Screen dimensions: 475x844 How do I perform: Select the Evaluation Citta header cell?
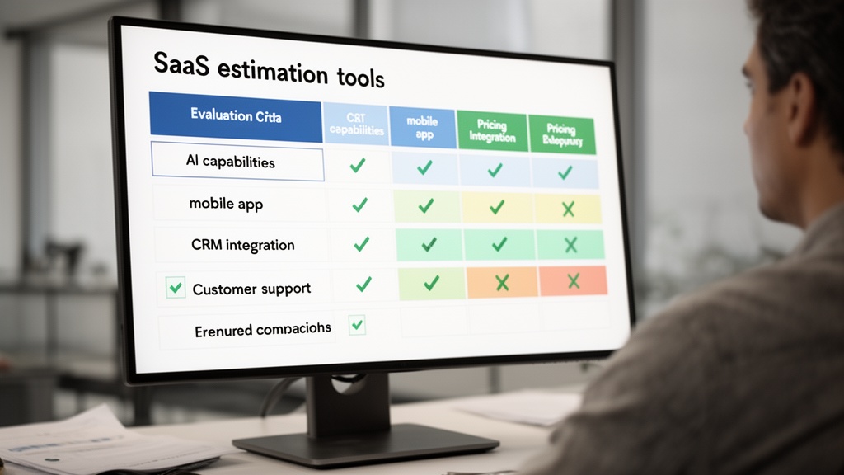pyautogui.click(x=235, y=116)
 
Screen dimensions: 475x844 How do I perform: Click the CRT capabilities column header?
pyautogui.click(x=356, y=124)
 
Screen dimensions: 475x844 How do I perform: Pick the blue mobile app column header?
pyautogui.click(x=422, y=127)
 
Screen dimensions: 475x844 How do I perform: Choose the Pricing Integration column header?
pyautogui.click(x=492, y=131)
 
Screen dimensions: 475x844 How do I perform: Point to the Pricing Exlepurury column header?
pyautogui.click(x=562, y=135)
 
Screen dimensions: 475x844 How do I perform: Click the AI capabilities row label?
pyautogui.click(x=230, y=162)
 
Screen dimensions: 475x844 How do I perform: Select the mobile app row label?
pyautogui.click(x=226, y=203)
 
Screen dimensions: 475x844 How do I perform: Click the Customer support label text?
pyautogui.click(x=251, y=289)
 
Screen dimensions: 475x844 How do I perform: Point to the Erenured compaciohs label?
pyautogui.click(x=263, y=329)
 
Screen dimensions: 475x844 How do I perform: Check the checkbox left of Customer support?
pyautogui.click(x=175, y=288)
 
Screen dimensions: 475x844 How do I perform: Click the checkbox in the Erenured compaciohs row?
pyautogui.click(x=357, y=324)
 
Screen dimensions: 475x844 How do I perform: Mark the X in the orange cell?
pyautogui.click(x=501, y=283)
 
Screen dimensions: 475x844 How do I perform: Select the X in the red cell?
pyautogui.click(x=574, y=280)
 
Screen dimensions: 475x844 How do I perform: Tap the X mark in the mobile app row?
pyautogui.click(x=568, y=209)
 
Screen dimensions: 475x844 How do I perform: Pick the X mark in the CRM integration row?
pyautogui.click(x=570, y=245)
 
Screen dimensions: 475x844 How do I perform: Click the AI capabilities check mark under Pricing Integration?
pyautogui.click(x=495, y=171)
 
